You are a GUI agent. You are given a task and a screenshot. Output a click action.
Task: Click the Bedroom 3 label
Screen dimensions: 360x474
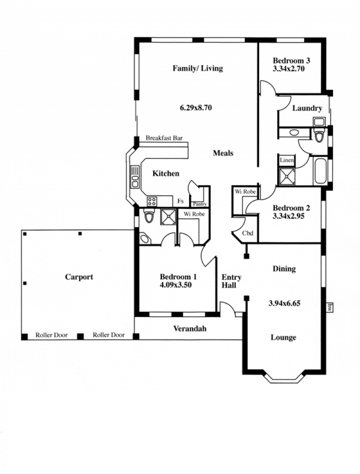[291, 60]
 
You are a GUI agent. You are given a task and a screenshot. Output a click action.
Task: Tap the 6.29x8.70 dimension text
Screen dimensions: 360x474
[196, 107]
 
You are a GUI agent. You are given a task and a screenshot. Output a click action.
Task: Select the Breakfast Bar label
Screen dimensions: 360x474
[164, 138]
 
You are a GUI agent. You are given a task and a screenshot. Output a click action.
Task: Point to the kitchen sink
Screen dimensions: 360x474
[135, 177]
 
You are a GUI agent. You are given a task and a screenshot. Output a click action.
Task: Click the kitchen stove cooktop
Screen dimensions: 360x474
[152, 201]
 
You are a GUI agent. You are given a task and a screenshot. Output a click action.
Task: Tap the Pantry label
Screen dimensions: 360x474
[200, 204]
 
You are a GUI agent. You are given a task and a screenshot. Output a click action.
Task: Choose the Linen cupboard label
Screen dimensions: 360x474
[287, 160]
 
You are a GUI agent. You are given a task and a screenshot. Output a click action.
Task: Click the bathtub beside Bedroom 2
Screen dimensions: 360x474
[320, 171]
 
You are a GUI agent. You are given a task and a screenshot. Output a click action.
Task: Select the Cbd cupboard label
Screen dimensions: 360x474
[247, 233]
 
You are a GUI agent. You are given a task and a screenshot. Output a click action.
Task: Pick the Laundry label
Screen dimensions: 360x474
[307, 108]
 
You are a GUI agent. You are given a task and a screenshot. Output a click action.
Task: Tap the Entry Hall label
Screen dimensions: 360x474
[231, 281]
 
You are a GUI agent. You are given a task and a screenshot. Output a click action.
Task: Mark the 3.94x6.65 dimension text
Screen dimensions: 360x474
[284, 303]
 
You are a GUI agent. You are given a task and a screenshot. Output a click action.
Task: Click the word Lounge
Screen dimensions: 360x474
[283, 337]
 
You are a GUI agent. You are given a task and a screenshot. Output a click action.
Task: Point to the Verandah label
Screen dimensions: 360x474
[190, 329]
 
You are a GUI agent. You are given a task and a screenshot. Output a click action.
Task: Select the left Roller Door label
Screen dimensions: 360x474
[51, 335]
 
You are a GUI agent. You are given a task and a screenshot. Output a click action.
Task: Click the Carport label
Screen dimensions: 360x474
[79, 277]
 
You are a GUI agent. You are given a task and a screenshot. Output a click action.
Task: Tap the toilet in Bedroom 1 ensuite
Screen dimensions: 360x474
[149, 215]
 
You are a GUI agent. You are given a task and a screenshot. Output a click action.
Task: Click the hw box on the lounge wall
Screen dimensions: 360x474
[329, 307]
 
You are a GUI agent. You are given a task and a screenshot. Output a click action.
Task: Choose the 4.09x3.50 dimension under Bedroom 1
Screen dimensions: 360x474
[175, 285]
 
